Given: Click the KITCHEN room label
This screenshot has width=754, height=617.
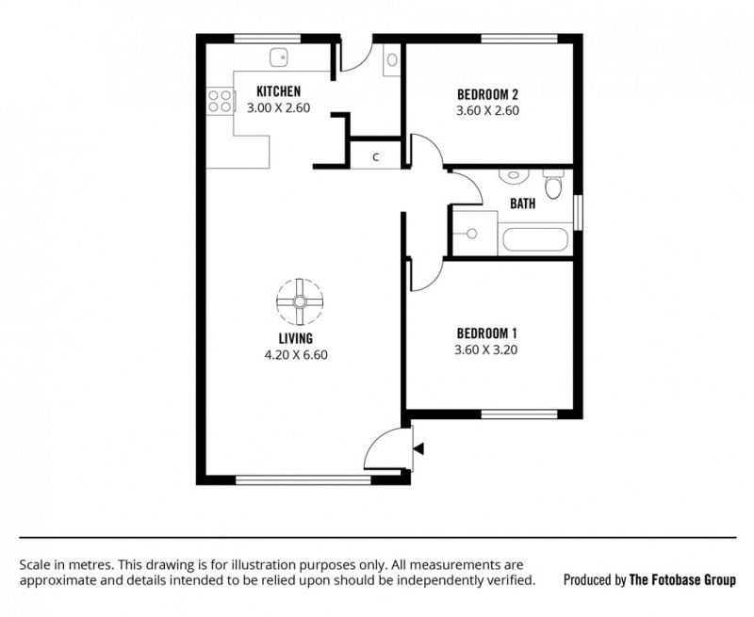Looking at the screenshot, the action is pos(278,90).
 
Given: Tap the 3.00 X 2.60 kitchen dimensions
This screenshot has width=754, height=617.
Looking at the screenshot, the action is pos(278,107).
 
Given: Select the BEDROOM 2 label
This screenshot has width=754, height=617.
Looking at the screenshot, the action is pos(487,93).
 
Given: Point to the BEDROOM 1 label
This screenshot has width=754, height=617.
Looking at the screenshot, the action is pos(486,333).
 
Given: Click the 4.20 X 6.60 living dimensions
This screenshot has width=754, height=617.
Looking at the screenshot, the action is pos(296,355).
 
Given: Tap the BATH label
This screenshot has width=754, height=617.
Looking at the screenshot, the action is pos(523,203).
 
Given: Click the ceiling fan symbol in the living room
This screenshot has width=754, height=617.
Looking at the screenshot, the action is pos(300,301).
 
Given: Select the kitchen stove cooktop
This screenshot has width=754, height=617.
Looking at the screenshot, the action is pos(221,101).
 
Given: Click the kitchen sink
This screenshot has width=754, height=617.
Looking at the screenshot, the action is pos(278,57).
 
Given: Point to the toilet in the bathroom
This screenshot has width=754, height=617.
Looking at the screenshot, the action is pos(553,184).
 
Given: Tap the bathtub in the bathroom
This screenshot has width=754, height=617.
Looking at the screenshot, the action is pos(535,239).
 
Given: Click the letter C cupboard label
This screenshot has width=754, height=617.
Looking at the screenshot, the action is pos(376,157).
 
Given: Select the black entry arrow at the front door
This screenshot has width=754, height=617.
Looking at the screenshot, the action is pos(418,449).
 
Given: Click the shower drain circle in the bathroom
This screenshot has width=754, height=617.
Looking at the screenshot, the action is pos(472,234).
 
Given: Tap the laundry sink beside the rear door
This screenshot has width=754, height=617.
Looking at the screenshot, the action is pos(392,59).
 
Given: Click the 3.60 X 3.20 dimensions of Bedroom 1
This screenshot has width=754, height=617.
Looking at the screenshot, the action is pos(486,349).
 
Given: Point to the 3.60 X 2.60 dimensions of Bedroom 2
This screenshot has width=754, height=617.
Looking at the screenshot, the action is pos(487,110).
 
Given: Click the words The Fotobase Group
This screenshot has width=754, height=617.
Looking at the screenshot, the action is pos(682,580).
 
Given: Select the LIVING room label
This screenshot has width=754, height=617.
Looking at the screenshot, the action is pos(296,338).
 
